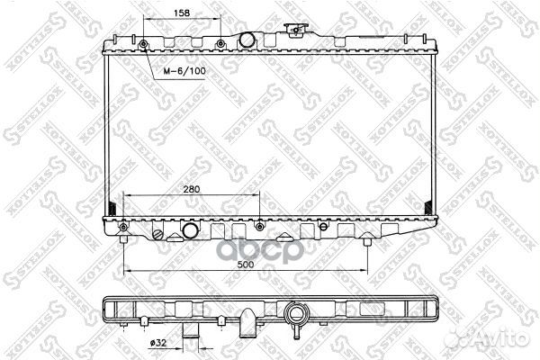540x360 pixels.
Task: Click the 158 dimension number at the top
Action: point(182,13)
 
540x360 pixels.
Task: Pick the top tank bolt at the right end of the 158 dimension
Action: point(220,43)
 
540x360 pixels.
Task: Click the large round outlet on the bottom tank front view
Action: point(191,231)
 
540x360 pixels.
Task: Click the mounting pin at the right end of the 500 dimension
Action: point(367,240)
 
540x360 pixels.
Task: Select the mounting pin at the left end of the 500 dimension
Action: point(121,238)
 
